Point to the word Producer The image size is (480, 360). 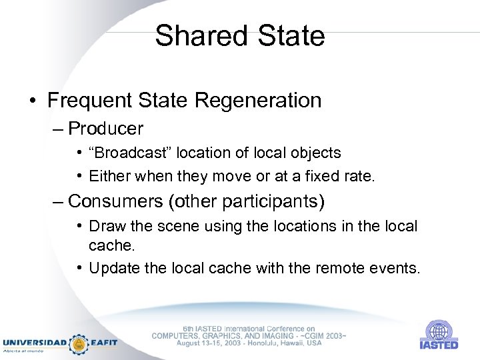105,127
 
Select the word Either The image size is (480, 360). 108,177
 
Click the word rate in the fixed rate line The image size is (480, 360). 360,177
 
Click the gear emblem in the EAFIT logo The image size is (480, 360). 79,343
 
